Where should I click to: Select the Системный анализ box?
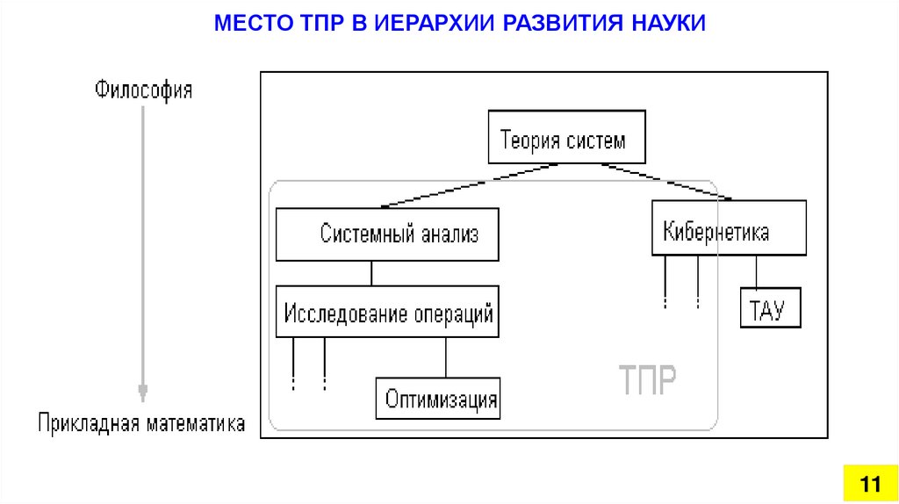click(387, 234)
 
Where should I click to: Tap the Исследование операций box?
click(387, 312)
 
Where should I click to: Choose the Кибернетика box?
click(729, 227)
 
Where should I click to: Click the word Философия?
click(144, 90)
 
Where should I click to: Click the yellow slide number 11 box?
click(870, 483)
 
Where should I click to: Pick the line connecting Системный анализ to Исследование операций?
click(372, 273)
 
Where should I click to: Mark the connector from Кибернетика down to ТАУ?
click(756, 270)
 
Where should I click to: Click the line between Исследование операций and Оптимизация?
click(446, 357)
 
